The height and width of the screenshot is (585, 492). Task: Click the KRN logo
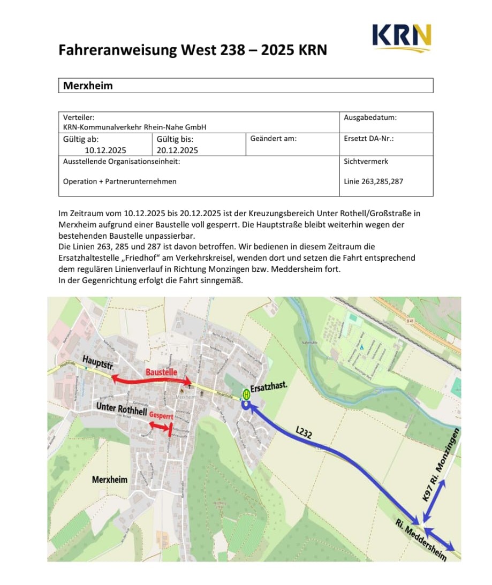pyautogui.click(x=401, y=36)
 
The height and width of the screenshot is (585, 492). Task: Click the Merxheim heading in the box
pyautogui.click(x=88, y=86)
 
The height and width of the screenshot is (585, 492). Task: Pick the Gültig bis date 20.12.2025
pyautogui.click(x=177, y=150)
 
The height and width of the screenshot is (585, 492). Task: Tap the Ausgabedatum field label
pyautogui.click(x=370, y=118)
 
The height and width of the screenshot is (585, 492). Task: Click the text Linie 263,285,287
pyautogui.click(x=373, y=181)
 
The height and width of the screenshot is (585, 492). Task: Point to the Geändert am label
pyautogui.click(x=273, y=139)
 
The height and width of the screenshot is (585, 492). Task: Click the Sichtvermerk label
pyautogui.click(x=366, y=161)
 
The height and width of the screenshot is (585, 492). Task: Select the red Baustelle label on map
pyautogui.click(x=162, y=372)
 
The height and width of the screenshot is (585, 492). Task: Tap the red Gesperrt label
pyautogui.click(x=161, y=415)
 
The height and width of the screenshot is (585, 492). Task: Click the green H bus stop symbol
pyautogui.click(x=246, y=394)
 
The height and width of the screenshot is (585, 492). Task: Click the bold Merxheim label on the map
pyautogui.click(x=110, y=480)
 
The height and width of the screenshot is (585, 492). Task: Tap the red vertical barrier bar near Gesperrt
pyautogui.click(x=170, y=429)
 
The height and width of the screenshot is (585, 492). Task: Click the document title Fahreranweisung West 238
pyautogui.click(x=192, y=50)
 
